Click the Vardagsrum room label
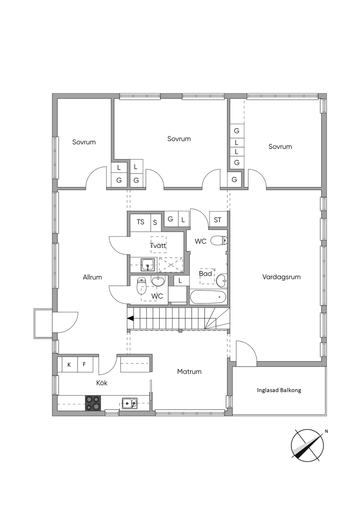click(x=281, y=277)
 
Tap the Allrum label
click(x=92, y=277)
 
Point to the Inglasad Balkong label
click(x=279, y=390)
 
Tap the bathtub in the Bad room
click(x=208, y=297)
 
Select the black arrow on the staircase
click(x=130, y=319)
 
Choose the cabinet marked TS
click(x=140, y=222)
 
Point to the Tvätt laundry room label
click(x=158, y=246)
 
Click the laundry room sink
click(x=148, y=265)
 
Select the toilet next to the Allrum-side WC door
click(x=141, y=286)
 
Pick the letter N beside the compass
click(x=326, y=431)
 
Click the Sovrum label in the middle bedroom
click(x=179, y=139)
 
